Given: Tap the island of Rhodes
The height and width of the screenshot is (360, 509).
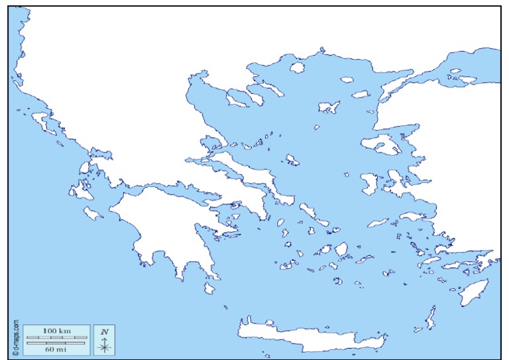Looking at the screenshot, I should point(475,292).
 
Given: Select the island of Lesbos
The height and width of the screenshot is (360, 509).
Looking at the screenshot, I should point(382,145).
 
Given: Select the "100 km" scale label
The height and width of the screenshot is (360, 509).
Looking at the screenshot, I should point(56,330).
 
